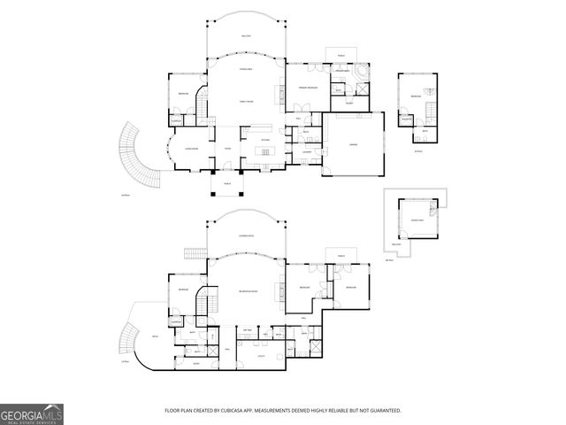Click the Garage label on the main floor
(353, 144)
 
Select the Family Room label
(246, 102)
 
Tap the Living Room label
(189, 149)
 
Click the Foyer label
(227, 149)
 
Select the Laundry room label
(306, 152)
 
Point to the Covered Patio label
(247, 236)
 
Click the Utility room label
(261, 355)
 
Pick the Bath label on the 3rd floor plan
(425, 131)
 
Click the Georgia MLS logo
(31, 413)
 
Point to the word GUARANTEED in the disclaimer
(385, 411)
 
